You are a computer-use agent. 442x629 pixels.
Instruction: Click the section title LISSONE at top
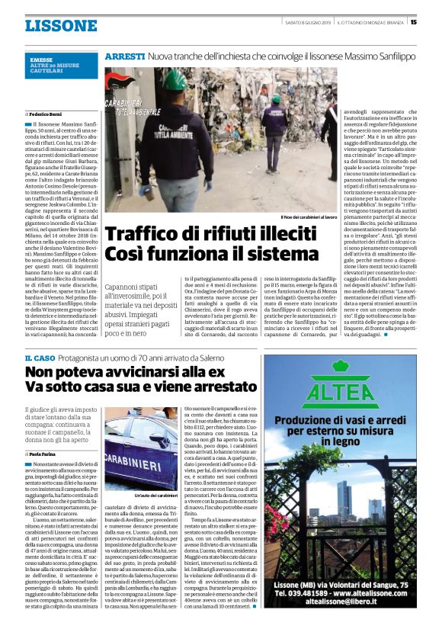[x=61, y=25]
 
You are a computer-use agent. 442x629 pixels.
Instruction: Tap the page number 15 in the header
[x=413, y=22]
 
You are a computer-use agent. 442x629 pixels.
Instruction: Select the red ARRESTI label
[x=125, y=57]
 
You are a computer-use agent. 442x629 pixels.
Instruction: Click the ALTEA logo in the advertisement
[x=340, y=394]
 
